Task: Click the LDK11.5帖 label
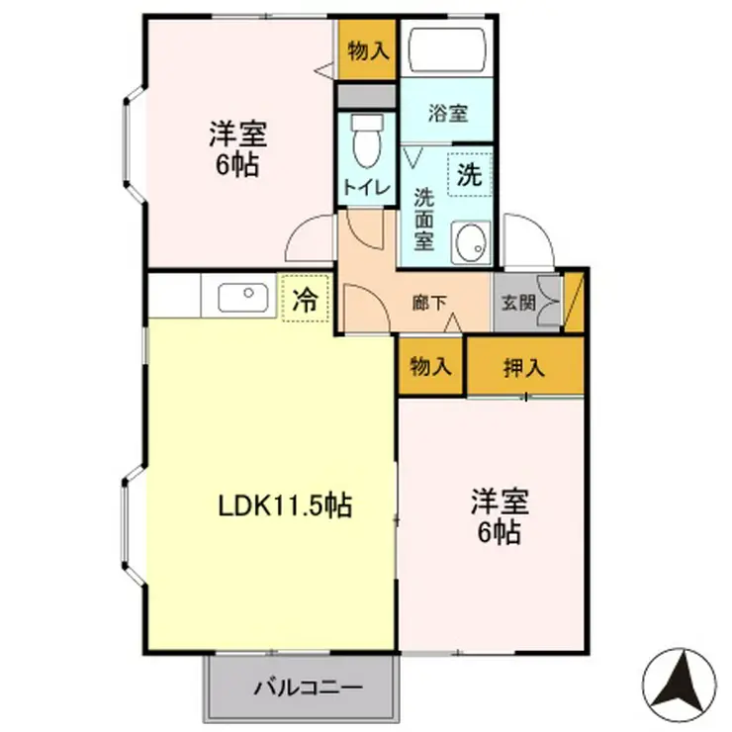pyautogui.click(x=285, y=506)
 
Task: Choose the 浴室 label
pyautogui.click(x=448, y=113)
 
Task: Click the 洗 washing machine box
pyautogui.click(x=470, y=177)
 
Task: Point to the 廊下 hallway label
pyautogui.click(x=428, y=304)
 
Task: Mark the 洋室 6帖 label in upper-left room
pyautogui.click(x=238, y=147)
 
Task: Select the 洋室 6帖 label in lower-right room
pyautogui.click(x=500, y=515)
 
